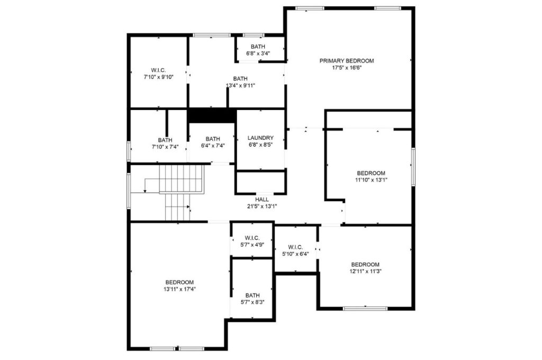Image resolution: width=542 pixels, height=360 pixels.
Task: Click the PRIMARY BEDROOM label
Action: (x=346, y=61)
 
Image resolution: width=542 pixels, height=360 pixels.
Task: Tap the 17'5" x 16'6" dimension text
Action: (x=346, y=68)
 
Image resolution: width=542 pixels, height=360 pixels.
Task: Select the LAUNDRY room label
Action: (x=260, y=138)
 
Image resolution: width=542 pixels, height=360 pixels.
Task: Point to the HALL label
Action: (x=261, y=200)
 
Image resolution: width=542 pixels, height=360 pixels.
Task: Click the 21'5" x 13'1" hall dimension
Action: (x=261, y=206)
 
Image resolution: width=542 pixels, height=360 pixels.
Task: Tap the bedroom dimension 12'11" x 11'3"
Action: (x=365, y=271)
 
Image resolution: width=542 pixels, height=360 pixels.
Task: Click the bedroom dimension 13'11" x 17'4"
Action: (x=179, y=289)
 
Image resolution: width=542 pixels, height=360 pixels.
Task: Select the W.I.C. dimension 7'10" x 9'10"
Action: (x=158, y=77)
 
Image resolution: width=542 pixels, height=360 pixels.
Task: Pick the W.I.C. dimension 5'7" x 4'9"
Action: (x=251, y=245)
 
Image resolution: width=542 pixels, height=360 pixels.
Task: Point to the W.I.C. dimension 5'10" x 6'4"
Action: (x=295, y=254)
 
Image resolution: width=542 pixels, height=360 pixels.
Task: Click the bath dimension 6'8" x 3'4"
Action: (x=258, y=53)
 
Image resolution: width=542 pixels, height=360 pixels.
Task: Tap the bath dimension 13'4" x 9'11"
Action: (x=240, y=85)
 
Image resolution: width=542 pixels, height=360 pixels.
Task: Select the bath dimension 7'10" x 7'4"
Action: (x=165, y=147)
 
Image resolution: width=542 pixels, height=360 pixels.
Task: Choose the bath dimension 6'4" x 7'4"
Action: (x=212, y=146)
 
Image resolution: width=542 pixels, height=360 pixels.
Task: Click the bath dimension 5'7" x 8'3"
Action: (x=252, y=302)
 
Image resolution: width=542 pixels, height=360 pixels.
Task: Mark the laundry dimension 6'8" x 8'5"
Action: (x=260, y=145)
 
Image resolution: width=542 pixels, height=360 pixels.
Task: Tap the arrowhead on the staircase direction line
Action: (x=145, y=191)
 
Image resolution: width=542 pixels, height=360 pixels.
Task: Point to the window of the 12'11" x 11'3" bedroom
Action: (x=365, y=308)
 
